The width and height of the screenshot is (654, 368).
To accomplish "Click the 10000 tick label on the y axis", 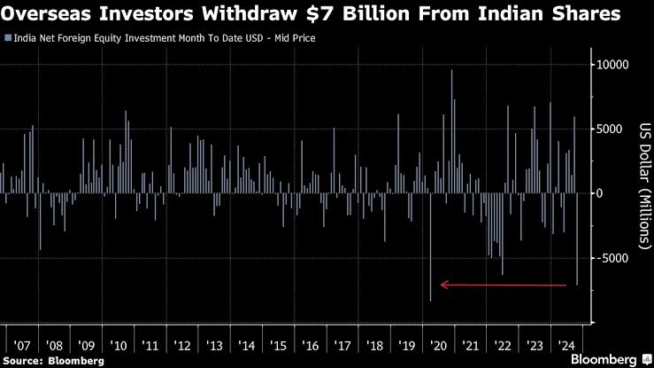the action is [612, 65].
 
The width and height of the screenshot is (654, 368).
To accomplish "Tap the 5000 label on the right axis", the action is [610, 129].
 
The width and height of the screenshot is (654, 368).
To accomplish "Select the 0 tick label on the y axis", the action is [599, 193].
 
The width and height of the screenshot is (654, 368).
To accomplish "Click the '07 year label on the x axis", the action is [22, 346].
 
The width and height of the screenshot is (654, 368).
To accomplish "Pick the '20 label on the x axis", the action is [438, 346].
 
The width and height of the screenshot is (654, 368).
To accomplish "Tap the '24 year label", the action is [566, 346].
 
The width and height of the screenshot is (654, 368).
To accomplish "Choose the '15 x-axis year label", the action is [278, 346].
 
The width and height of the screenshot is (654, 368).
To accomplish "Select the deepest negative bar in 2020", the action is [430, 247].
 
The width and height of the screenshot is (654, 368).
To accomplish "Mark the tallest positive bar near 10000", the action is [451, 131].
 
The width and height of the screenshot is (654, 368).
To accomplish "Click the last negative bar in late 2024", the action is [577, 239].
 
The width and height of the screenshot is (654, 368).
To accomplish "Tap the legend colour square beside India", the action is [8, 38].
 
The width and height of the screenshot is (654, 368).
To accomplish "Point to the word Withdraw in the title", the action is [249, 14].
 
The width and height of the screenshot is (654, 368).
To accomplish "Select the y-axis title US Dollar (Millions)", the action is [645, 186].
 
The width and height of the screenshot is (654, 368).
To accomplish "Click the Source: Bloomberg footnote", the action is [53, 361].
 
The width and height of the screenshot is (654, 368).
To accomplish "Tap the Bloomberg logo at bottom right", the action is [612, 359].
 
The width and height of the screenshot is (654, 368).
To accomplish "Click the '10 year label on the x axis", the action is [118, 346].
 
